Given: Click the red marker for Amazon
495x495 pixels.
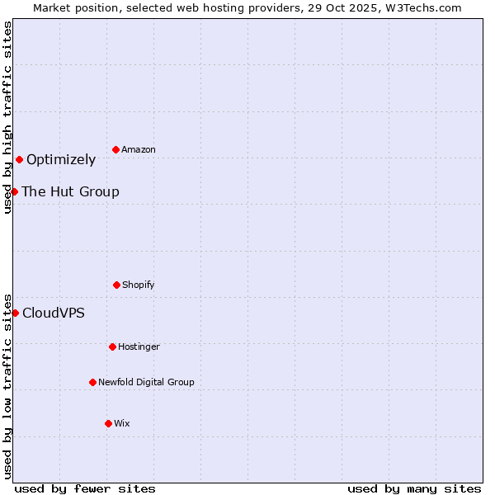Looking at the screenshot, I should click(116, 149).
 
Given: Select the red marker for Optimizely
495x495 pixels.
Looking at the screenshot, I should click(19, 159).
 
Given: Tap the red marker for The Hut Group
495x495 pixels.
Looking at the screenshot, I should click(14, 191).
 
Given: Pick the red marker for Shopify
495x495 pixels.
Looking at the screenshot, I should click(116, 285).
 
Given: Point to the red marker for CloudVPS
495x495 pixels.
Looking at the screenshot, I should click(15, 313).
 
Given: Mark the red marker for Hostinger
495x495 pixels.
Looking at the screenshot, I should click(112, 346).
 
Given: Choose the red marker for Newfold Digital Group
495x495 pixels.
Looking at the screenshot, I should click(92, 382).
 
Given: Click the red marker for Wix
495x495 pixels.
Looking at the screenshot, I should click(108, 423).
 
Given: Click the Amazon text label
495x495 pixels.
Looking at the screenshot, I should click(139, 149).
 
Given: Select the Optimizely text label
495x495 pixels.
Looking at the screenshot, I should click(61, 159).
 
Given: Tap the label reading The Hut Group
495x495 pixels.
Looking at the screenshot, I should click(70, 191).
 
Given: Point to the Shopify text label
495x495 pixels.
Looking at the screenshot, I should click(139, 285).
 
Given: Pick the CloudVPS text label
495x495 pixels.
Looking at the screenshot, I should click(53, 313).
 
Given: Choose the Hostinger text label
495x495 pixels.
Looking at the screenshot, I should click(139, 346).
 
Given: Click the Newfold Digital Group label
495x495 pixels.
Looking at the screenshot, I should click(146, 382).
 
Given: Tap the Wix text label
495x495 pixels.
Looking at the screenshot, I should click(122, 423).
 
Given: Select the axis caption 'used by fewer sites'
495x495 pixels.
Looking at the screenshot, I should click(85, 488).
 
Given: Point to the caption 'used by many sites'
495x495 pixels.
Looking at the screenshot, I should click(414, 488).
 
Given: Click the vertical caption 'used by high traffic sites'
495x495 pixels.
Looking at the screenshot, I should click(7, 117).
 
